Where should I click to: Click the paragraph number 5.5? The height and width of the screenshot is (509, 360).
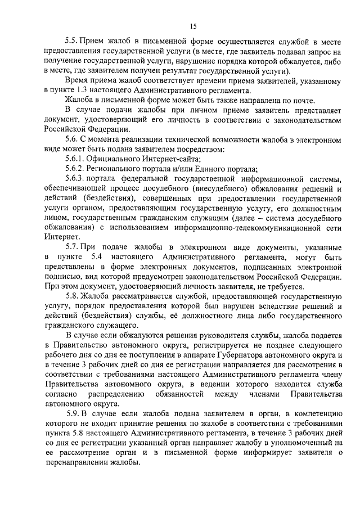point(73,42)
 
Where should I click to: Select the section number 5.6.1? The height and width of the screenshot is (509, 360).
point(75,159)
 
